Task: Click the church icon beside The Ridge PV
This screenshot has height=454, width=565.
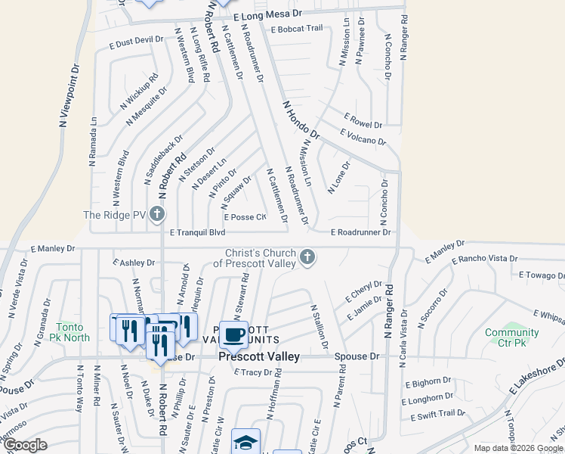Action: (157, 215)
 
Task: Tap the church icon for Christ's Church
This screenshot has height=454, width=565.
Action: (307, 258)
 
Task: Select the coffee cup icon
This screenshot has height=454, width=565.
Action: (233, 334)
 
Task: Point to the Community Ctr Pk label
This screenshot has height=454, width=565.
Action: (512, 337)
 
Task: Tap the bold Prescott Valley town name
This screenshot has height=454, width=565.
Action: (259, 356)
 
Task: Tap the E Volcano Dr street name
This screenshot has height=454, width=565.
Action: (363, 137)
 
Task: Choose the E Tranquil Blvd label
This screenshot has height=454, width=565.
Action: (197, 233)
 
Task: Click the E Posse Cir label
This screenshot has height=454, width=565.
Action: (245, 217)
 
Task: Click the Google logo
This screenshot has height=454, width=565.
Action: (24, 445)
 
